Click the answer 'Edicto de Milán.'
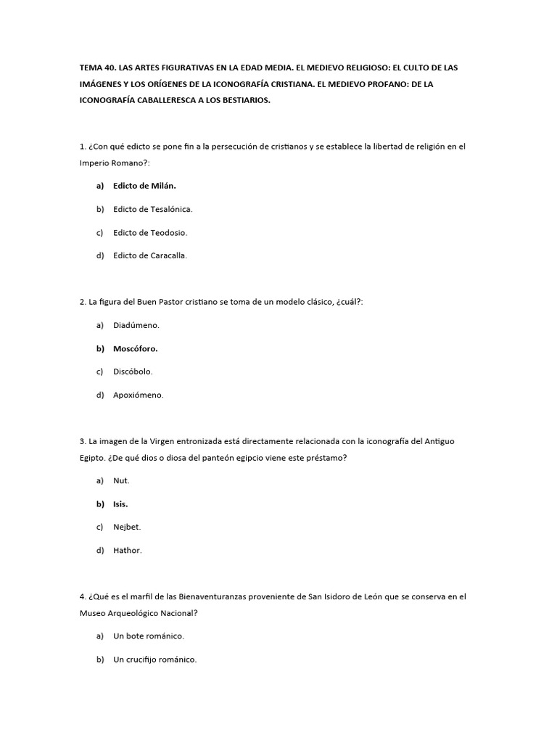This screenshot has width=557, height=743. tap(144, 186)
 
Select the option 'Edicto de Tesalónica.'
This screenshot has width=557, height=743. tap(152, 209)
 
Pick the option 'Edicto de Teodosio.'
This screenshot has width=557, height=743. tap(150, 232)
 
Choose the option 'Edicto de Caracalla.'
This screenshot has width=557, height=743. tap(150, 255)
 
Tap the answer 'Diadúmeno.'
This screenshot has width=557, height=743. tap(136, 325)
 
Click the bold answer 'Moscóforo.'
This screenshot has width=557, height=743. tap(135, 348)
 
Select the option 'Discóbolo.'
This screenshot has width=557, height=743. tap(133, 371)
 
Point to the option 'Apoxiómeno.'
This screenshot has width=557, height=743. tap(139, 395)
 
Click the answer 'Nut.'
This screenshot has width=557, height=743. tap(121, 480)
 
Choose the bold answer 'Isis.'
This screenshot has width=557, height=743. tap(120, 504)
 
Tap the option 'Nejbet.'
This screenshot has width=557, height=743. tap(127, 527)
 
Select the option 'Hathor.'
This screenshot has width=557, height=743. tap(128, 550)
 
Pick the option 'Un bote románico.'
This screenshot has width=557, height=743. tap(149, 636)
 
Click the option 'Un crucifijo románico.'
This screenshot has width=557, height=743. tap(155, 660)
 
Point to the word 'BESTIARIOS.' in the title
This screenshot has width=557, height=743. tap(244, 101)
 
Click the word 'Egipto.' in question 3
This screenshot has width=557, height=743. tap(93, 457)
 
